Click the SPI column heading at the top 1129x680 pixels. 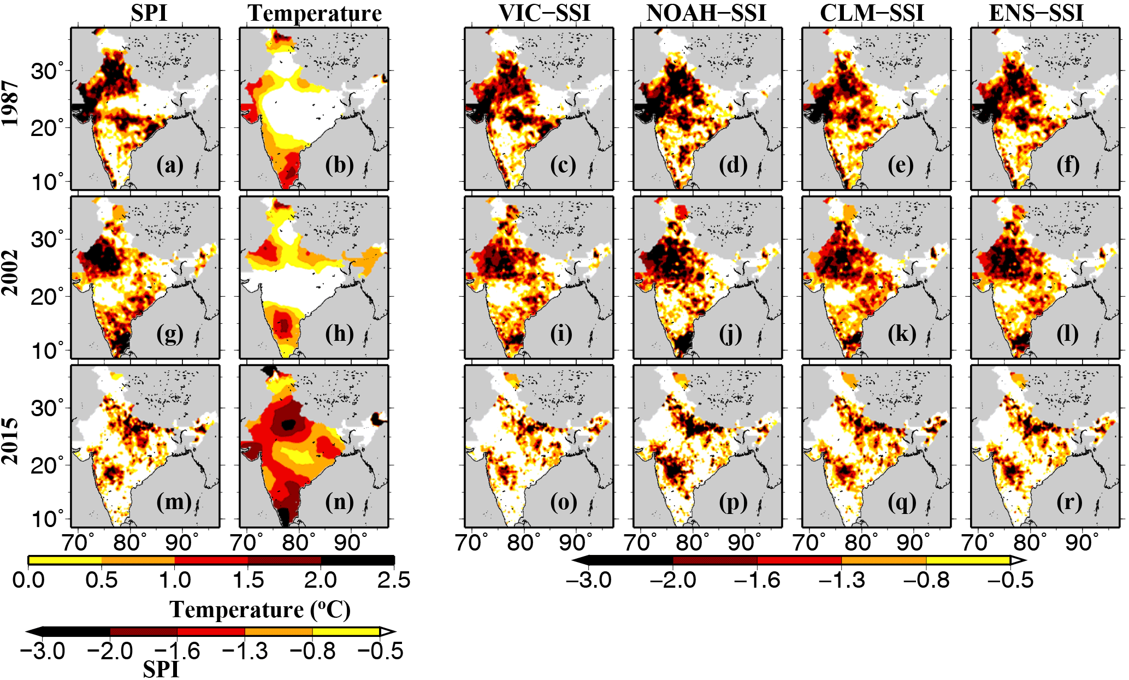[149, 13]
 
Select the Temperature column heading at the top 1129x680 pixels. [315, 14]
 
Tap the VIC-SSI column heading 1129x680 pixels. [544, 13]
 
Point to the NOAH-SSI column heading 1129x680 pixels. [706, 13]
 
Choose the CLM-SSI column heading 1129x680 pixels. [872, 13]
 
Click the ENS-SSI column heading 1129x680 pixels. [1036, 13]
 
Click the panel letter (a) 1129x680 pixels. [170, 164]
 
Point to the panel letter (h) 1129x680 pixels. [339, 333]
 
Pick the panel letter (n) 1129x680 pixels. [339, 501]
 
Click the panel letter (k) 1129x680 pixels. [901, 333]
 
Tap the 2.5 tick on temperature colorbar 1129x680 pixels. [393, 580]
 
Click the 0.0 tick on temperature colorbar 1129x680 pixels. [28, 580]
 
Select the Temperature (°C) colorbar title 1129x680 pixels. [260, 610]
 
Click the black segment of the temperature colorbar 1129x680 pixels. [358, 560]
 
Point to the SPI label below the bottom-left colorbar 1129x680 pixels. [161, 669]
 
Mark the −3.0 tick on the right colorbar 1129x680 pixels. [589, 580]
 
